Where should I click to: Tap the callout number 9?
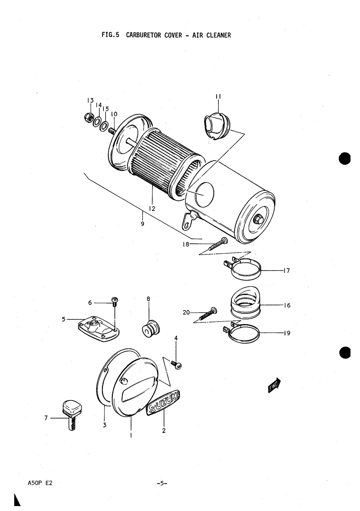142,224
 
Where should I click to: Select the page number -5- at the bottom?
162,483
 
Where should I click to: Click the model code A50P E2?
40,483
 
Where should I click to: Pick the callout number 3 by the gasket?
105,425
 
